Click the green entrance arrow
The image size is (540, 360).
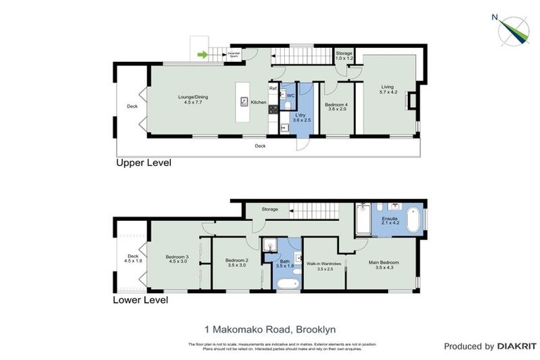point(203,54)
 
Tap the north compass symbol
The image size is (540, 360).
point(513,29)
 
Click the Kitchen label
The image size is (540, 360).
point(258,103)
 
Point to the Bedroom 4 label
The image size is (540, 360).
point(336,107)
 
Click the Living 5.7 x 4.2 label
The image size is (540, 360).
point(389,89)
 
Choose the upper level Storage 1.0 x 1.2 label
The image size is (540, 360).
point(343,56)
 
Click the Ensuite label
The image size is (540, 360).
point(390,221)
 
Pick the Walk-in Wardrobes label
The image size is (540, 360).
point(323,266)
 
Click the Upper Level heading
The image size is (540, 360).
point(143,162)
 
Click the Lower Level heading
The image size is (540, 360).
point(141,300)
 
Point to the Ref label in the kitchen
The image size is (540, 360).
point(273,89)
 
